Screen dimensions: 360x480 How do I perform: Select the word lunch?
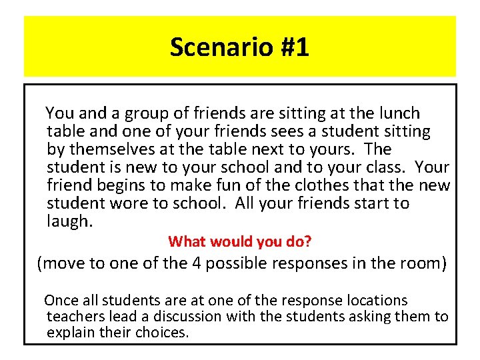(397, 113)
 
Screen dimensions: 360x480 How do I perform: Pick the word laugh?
(69, 221)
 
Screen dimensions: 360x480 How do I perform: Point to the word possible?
(235, 263)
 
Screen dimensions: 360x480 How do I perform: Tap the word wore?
(125, 203)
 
